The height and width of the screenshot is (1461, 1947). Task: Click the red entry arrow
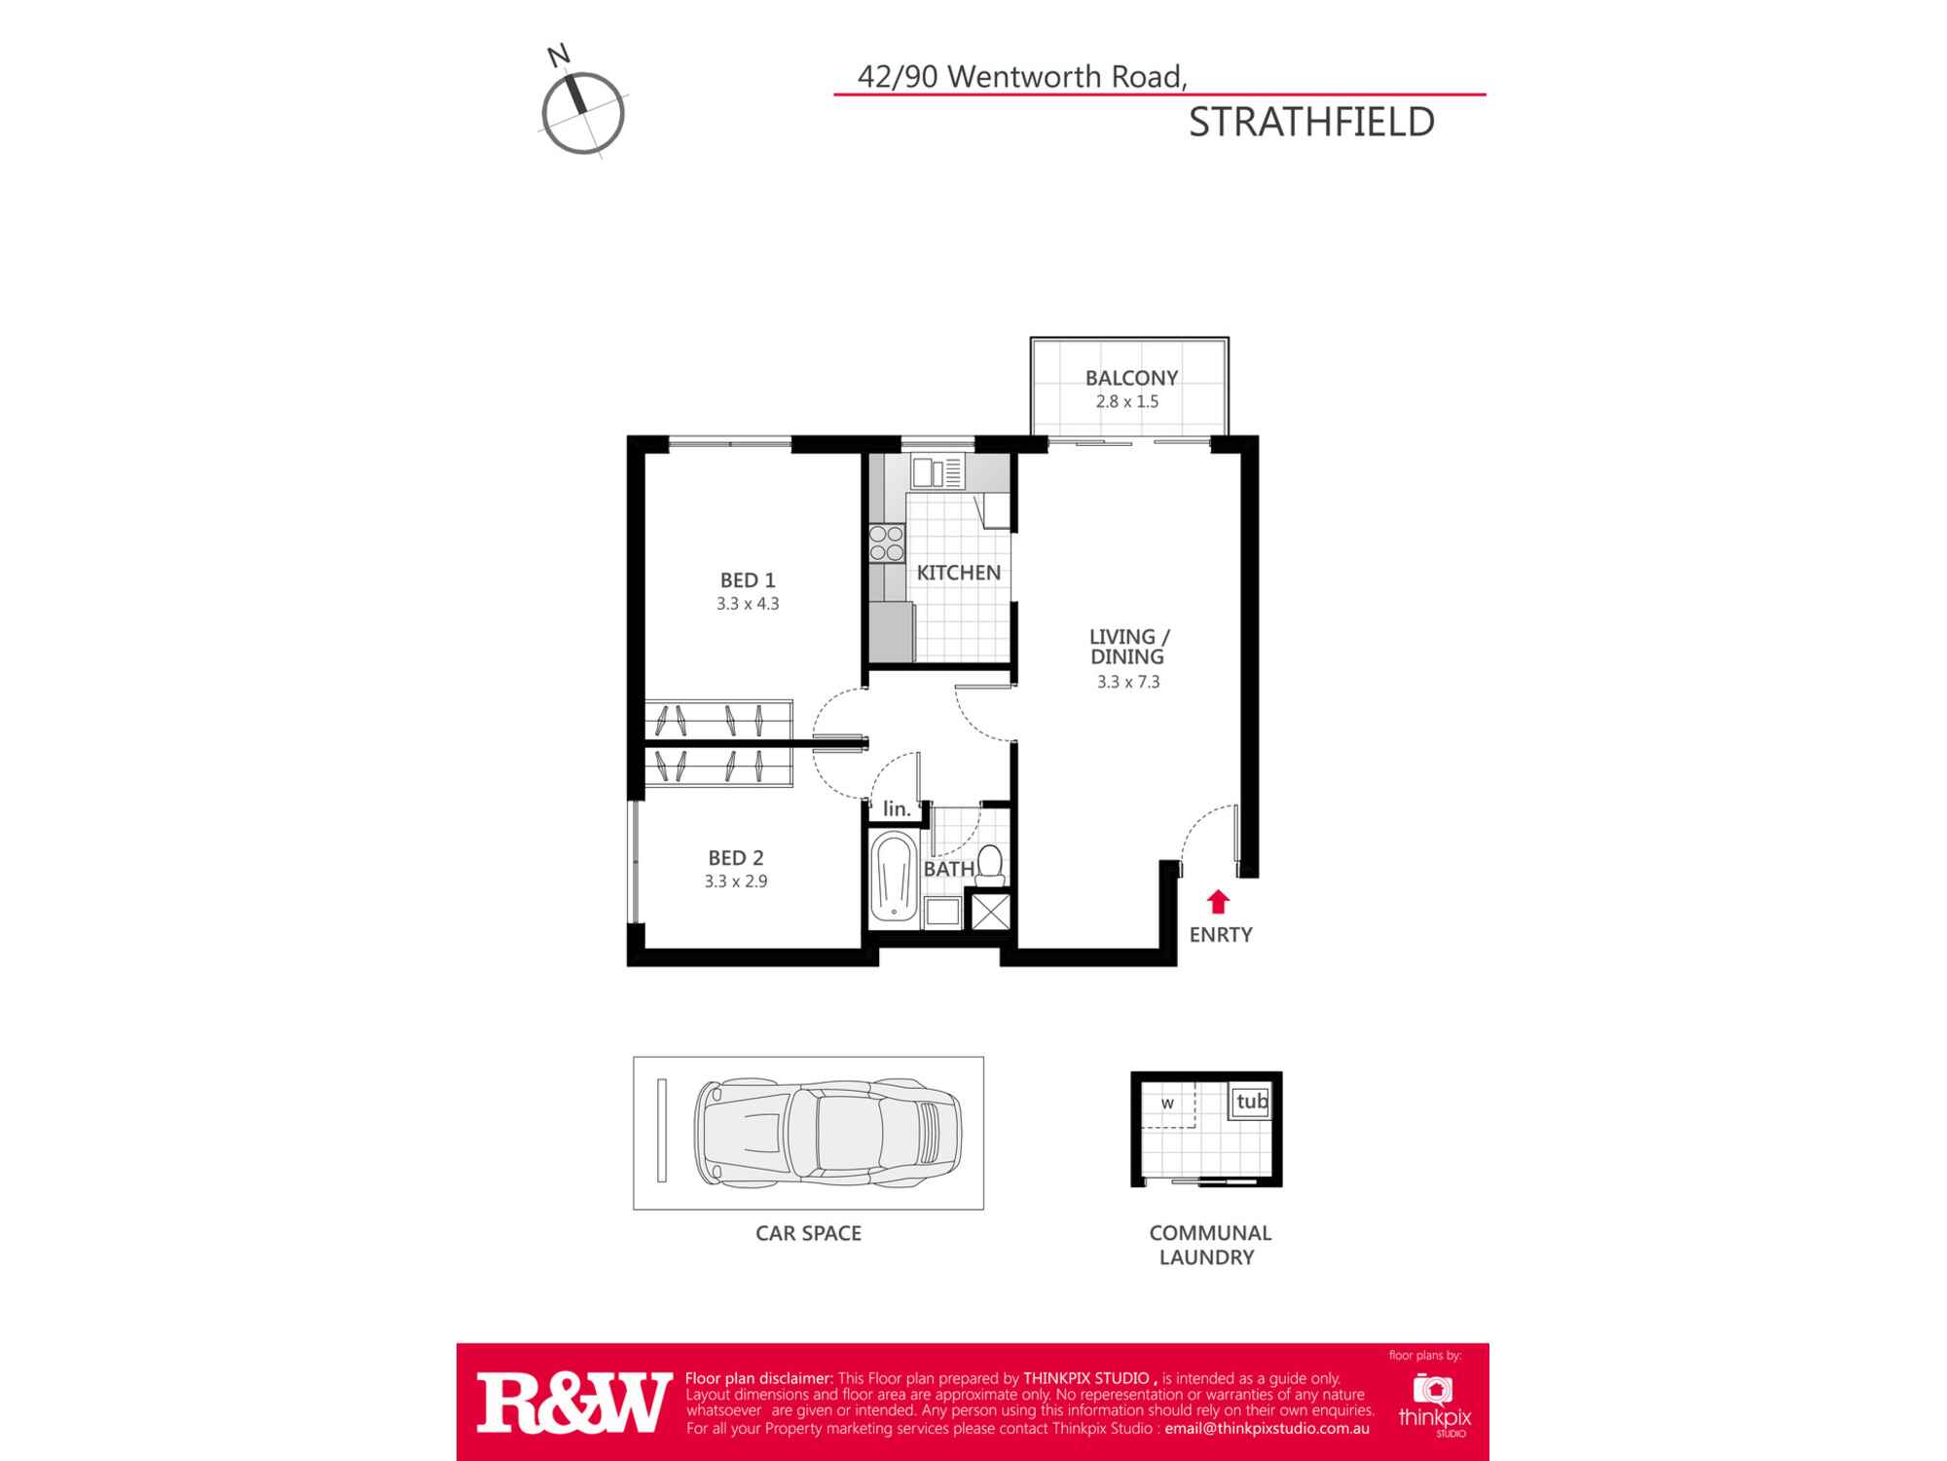tap(1218, 902)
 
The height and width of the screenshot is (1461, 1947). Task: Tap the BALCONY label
tap(1131, 378)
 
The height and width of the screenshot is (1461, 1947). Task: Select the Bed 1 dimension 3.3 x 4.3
tap(748, 604)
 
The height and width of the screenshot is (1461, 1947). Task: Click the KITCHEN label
tap(958, 573)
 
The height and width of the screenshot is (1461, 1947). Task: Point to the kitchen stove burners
tap(887, 543)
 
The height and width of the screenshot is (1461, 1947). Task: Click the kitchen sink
tap(937, 473)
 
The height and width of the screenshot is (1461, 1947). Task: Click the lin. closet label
tap(897, 809)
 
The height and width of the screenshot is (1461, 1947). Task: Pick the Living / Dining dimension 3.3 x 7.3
tap(1128, 682)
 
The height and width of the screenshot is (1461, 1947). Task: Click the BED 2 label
tap(736, 858)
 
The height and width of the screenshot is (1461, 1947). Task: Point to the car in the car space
tap(827, 1133)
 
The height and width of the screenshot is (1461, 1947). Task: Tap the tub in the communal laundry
tap(1251, 1103)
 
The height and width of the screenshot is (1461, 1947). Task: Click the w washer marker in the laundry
tap(1167, 1105)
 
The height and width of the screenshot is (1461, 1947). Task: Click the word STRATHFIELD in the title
tap(1311, 123)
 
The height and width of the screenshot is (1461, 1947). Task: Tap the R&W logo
tap(573, 1404)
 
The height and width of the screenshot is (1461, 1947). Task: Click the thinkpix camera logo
tap(1433, 1389)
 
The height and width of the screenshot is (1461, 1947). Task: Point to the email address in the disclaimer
tap(1267, 1429)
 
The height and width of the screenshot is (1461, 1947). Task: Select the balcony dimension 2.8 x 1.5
tap(1127, 401)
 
